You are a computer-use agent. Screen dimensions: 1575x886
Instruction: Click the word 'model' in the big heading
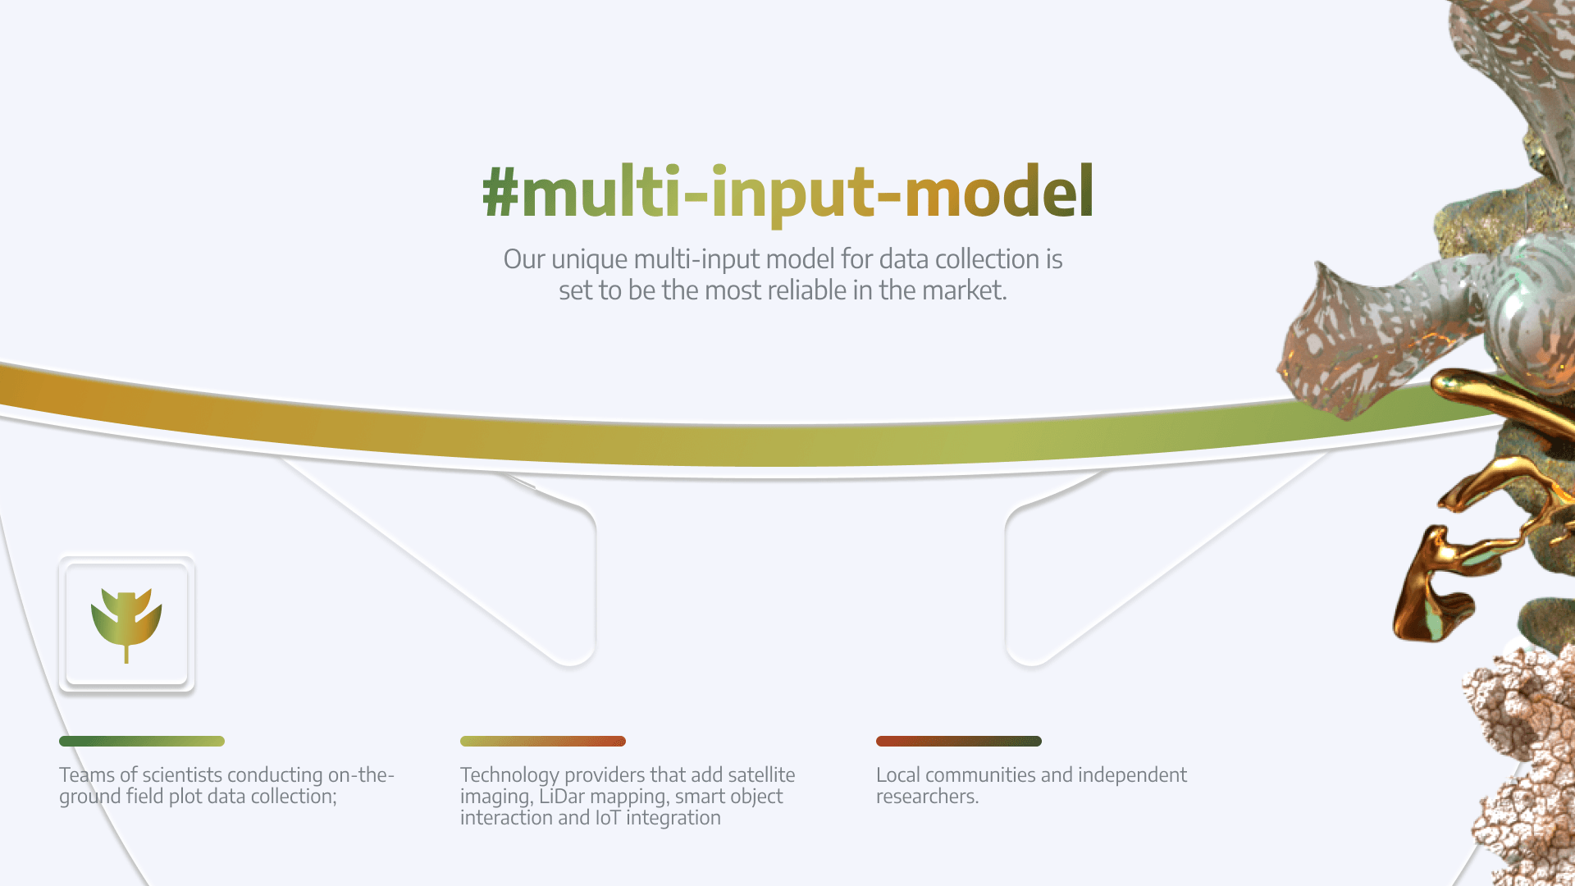(998, 190)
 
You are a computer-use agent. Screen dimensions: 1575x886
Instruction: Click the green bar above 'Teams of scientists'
(142, 742)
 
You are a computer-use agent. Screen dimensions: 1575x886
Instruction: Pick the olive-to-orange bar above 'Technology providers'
(543, 742)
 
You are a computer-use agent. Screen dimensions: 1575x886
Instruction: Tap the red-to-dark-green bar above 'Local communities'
(959, 742)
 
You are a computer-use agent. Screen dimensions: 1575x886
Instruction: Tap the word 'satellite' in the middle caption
(761, 775)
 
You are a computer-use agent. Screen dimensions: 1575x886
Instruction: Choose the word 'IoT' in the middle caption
(608, 818)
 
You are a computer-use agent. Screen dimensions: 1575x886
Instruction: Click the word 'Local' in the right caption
(897, 775)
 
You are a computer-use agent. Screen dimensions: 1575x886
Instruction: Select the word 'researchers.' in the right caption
(927, 797)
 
